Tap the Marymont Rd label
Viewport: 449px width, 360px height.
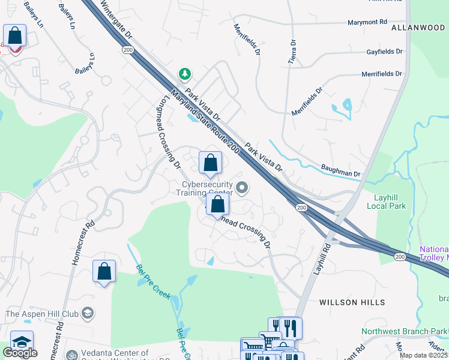coord(367,23)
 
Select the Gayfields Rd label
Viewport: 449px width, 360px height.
coord(385,52)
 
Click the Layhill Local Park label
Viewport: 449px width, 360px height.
coord(387,201)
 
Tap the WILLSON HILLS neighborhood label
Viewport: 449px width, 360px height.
coord(352,302)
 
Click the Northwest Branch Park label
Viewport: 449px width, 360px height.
coord(405,331)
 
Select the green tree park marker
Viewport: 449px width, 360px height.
coord(185,74)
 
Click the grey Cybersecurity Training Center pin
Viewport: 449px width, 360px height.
coord(242,189)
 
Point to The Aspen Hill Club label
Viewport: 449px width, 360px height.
coord(42,313)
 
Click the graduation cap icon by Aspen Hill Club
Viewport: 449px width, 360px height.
coord(88,313)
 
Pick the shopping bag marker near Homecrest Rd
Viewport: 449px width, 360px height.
coord(104,271)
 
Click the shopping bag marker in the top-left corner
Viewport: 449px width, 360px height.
coord(14,36)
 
